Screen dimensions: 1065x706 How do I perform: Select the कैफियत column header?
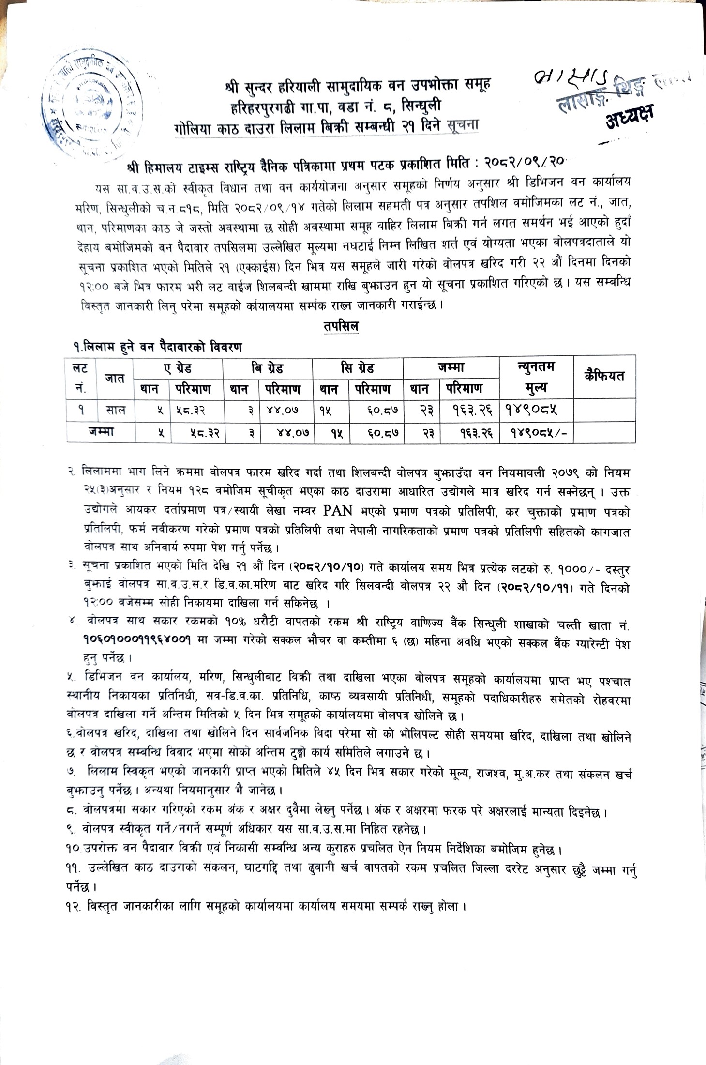coord(604,376)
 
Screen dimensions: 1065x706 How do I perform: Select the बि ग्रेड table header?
coord(267,368)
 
